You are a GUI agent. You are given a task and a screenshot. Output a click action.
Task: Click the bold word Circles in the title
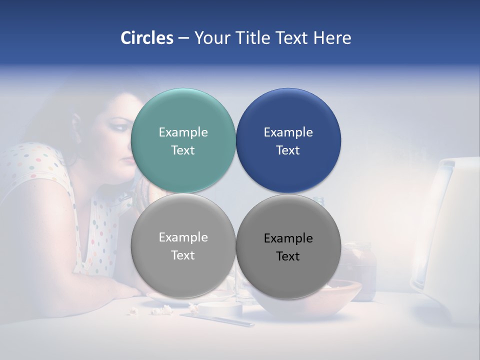point(147,38)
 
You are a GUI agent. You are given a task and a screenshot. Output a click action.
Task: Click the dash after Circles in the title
point(183,38)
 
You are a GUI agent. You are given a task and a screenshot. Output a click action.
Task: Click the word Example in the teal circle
point(183,132)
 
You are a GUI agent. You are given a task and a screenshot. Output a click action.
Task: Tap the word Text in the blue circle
point(288,150)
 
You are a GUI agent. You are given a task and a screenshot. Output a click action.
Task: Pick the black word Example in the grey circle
point(288,238)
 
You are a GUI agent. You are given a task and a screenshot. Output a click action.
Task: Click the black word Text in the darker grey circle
point(288,256)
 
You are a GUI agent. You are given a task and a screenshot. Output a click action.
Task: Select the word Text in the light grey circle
point(183,255)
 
